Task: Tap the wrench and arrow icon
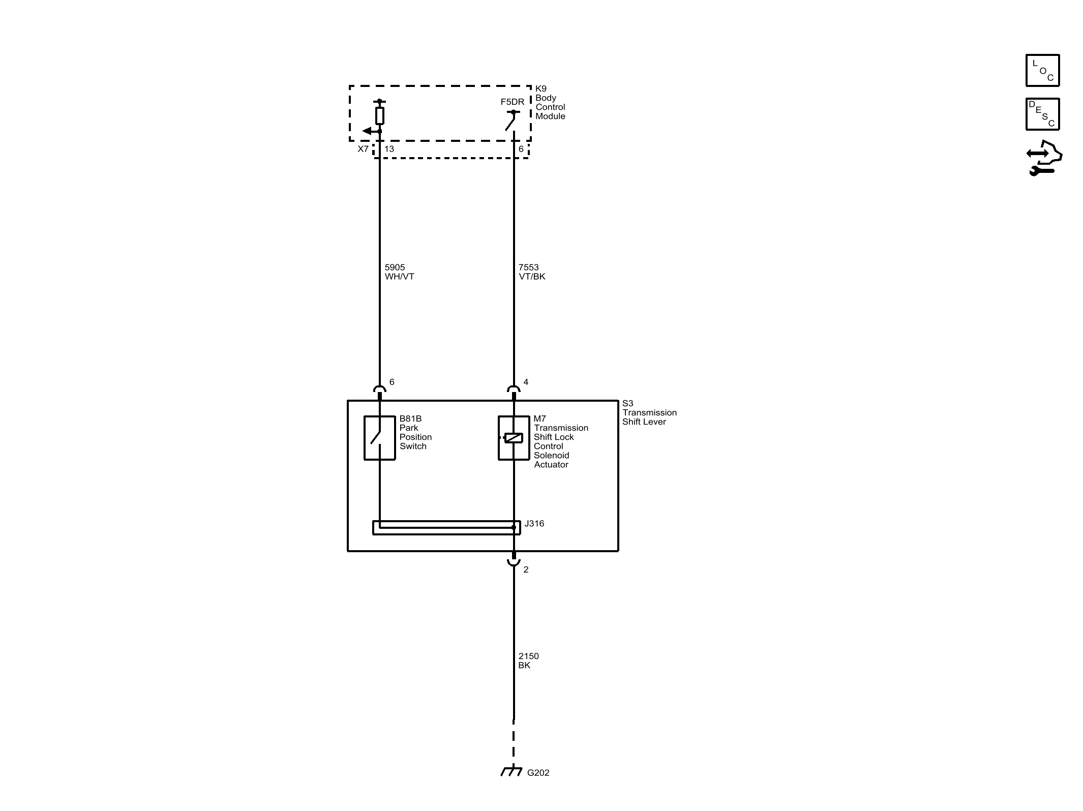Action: [x=1044, y=158]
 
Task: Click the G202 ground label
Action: [x=538, y=773]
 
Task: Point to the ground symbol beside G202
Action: [x=512, y=771]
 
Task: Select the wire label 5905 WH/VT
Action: [x=399, y=272]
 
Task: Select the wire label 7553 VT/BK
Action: [x=532, y=272]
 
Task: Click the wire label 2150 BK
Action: [x=528, y=660]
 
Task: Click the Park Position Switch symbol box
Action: [x=365, y=438]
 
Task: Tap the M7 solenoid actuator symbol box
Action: [x=499, y=438]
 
